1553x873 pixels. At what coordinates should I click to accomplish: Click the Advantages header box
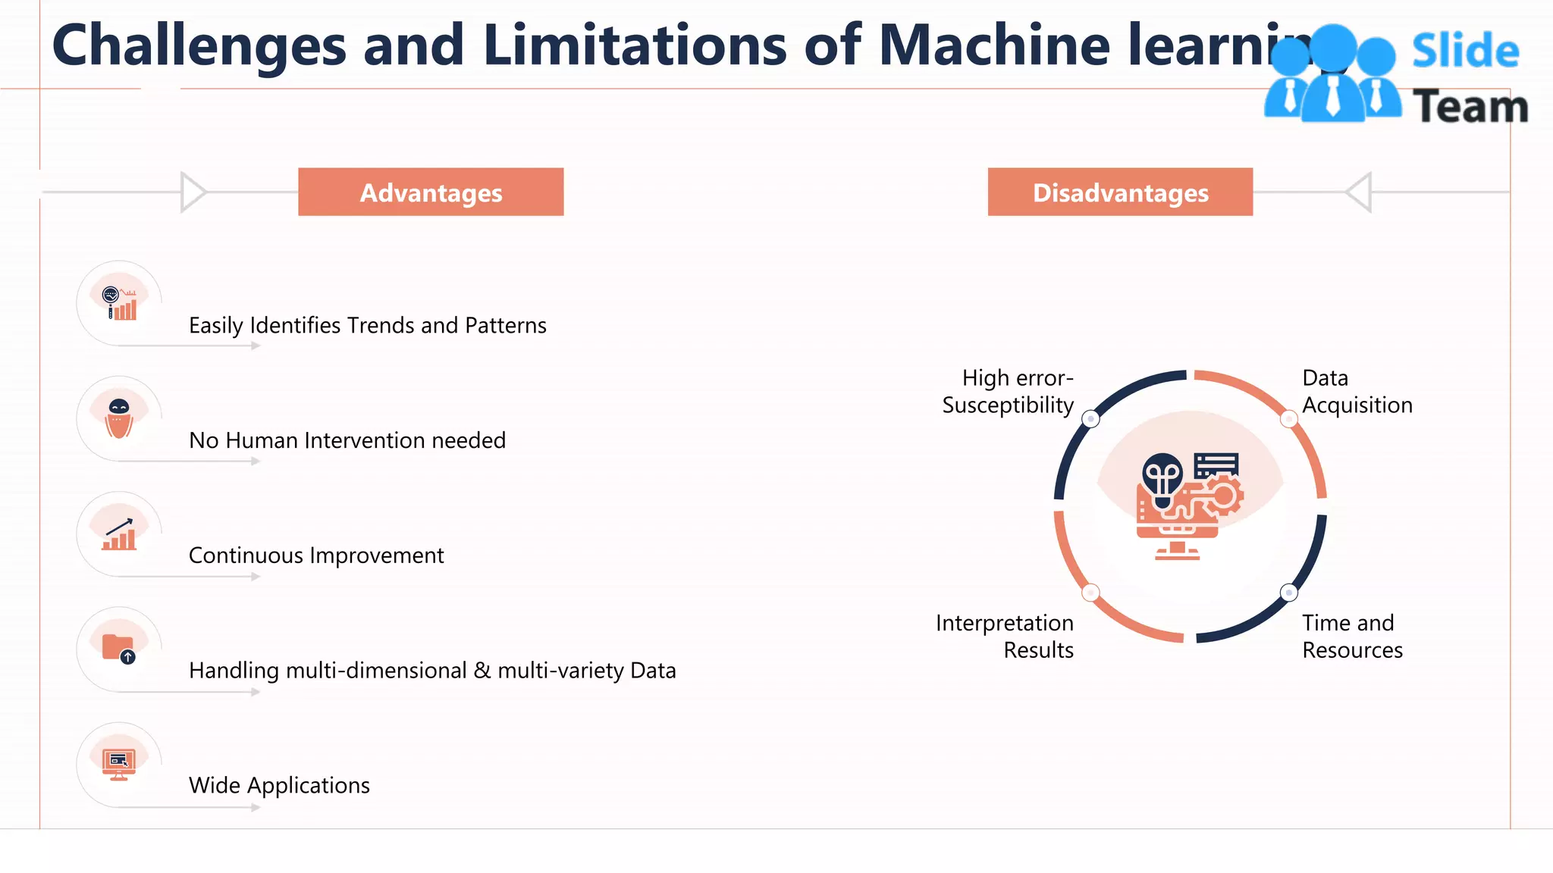click(431, 192)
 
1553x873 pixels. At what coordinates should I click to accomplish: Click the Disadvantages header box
click(1120, 192)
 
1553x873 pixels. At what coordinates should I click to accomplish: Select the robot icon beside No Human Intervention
click(119, 418)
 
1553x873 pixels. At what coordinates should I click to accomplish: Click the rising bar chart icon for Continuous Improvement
click(120, 534)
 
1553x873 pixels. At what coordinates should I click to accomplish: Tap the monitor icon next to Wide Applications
click(119, 764)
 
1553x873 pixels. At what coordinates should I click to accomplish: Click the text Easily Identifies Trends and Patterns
click(367, 326)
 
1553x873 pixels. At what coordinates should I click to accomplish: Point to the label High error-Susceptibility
click(1009, 392)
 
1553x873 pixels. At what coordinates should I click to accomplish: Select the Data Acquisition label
click(1357, 392)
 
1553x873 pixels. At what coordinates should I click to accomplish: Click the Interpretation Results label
click(1005, 637)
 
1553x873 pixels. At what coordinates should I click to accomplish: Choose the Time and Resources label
click(1352, 637)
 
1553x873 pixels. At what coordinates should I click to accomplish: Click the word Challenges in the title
click(199, 45)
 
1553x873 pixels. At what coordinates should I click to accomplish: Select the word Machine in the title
click(993, 45)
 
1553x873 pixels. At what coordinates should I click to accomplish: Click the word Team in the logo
click(1470, 107)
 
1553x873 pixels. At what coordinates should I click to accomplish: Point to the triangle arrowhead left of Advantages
click(193, 192)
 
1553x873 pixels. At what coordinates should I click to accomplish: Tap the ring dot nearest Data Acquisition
click(1288, 418)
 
